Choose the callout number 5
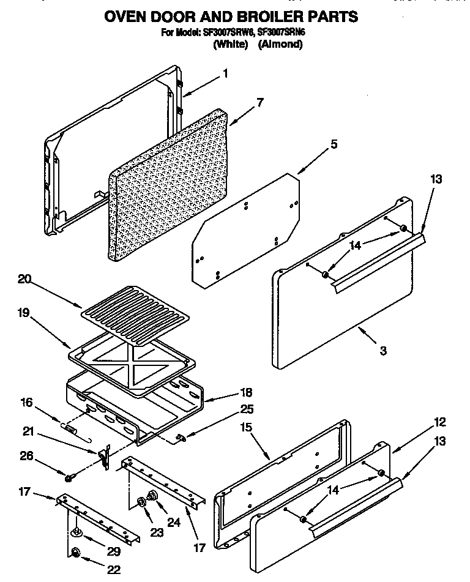[334, 145]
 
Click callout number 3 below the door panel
[382, 351]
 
